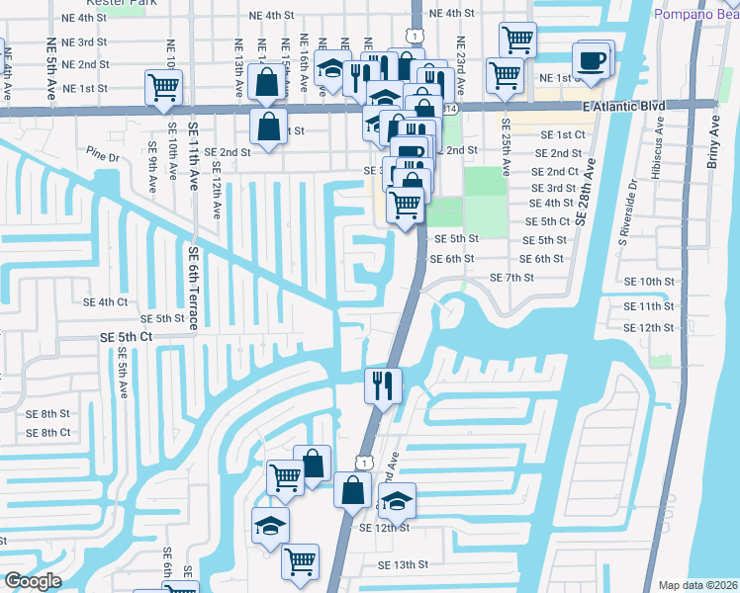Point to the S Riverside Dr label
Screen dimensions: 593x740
[625, 212]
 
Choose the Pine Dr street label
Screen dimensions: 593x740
[102, 156]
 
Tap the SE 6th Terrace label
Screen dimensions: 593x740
[193, 288]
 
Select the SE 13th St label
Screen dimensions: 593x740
[404, 564]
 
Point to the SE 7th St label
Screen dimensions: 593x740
[511, 278]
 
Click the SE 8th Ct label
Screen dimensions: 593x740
[47, 432]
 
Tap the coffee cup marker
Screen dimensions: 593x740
[593, 59]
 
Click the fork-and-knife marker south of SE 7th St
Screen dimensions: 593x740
[382, 382]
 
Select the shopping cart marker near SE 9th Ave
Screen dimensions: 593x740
[164, 86]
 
